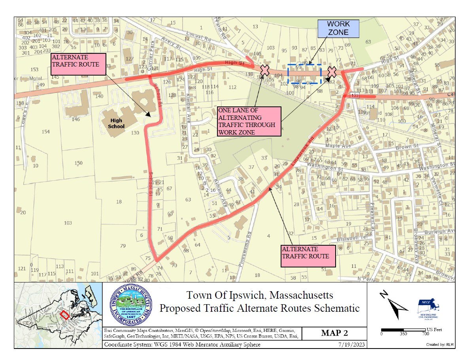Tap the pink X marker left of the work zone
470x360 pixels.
pyautogui.click(x=265, y=70)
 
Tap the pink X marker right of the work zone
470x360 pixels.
pyautogui.click(x=332, y=72)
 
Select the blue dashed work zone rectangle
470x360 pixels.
pyautogui.click(x=304, y=74)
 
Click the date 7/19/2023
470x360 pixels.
pyautogui.click(x=353, y=345)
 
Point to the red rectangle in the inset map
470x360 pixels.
pyautogui.click(x=65, y=315)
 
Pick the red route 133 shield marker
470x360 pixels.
pyautogui.click(x=354, y=95)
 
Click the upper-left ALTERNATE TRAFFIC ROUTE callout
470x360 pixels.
pyautogui.click(x=78, y=64)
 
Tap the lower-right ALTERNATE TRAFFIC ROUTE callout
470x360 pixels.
pyautogui.click(x=308, y=256)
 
